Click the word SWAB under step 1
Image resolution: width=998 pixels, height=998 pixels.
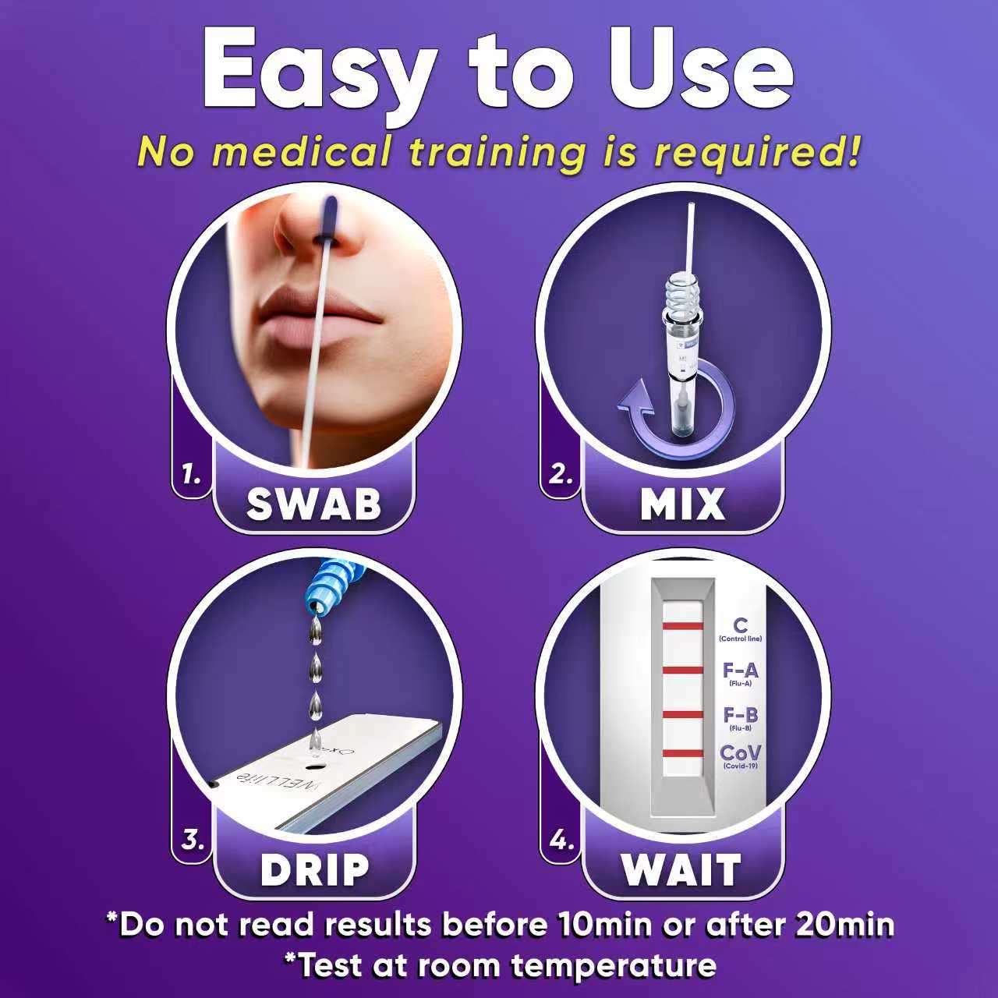tap(313, 504)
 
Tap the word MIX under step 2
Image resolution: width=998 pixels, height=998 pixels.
tap(682, 504)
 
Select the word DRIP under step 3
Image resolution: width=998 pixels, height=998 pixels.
tap(314, 870)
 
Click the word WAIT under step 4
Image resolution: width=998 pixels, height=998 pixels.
tap(681, 870)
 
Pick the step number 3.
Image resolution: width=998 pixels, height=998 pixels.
tap(192, 841)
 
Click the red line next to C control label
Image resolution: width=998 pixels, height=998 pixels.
tap(683, 626)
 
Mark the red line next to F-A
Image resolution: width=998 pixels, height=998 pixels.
tap(683, 670)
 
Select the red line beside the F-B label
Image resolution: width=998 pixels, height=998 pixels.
tap(683, 714)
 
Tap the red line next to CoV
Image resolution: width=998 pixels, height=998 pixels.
tap(683, 753)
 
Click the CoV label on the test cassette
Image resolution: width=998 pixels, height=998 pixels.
tap(740, 753)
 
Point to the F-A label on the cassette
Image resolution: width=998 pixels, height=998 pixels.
tap(740, 670)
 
